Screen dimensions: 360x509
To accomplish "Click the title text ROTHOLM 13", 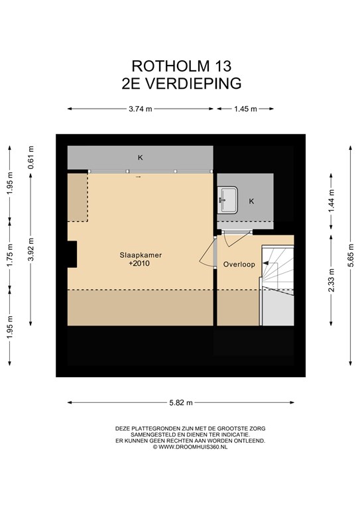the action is click(x=181, y=66).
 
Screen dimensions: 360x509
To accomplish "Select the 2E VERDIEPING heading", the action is click(x=182, y=84).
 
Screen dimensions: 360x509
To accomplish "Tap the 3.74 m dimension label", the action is click(x=141, y=109).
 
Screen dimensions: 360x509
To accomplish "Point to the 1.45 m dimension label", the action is click(x=245, y=109).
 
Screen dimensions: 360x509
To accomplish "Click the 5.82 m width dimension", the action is click(x=181, y=403).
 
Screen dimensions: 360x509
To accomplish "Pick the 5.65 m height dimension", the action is click(x=351, y=255).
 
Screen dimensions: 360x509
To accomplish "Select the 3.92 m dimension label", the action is click(x=31, y=249).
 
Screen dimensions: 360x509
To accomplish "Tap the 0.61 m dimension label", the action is click(x=31, y=158).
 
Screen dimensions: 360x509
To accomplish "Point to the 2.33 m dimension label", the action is click(x=331, y=280).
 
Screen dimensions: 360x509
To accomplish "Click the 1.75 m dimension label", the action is click(x=10, y=256).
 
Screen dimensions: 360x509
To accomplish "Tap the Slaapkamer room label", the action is click(x=141, y=255).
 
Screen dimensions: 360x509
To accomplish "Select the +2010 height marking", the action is click(x=139, y=263).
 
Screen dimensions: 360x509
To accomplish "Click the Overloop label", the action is click(x=239, y=264).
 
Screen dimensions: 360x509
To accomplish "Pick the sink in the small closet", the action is click(x=227, y=200).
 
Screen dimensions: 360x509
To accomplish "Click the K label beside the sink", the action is click(x=251, y=201).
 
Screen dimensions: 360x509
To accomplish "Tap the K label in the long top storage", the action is click(x=141, y=158).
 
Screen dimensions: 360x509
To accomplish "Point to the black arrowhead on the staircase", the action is click(x=266, y=263).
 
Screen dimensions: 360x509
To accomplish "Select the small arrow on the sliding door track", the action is click(x=138, y=177).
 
